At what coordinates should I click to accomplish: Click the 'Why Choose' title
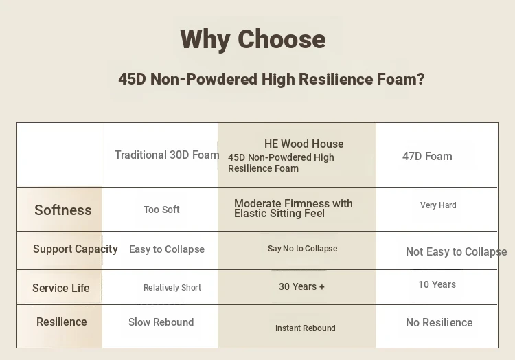tap(253, 40)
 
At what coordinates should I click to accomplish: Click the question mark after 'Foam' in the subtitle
tap(421, 79)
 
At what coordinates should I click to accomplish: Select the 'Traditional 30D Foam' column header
tap(167, 155)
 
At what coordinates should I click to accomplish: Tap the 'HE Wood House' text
tap(304, 144)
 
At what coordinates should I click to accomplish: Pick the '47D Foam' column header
tap(427, 157)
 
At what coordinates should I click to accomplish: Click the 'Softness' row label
tap(63, 210)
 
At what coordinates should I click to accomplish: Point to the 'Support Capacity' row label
tap(76, 249)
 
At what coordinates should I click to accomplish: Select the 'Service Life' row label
tap(60, 288)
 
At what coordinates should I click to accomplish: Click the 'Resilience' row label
tap(61, 322)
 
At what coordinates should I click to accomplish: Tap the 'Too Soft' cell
tap(161, 210)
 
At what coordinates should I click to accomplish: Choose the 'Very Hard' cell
tap(438, 205)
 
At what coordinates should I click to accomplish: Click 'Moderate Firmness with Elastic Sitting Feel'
tap(293, 209)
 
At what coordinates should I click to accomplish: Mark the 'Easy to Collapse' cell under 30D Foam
tap(167, 249)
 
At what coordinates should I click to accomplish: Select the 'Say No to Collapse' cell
tap(303, 249)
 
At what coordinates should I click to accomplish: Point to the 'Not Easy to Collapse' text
tap(456, 252)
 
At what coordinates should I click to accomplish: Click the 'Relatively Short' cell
tap(172, 288)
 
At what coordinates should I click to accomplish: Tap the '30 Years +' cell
tap(301, 286)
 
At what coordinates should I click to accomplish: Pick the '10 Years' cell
tap(437, 284)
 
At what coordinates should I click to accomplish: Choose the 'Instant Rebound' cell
tap(305, 328)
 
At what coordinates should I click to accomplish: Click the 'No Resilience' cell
tap(439, 322)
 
